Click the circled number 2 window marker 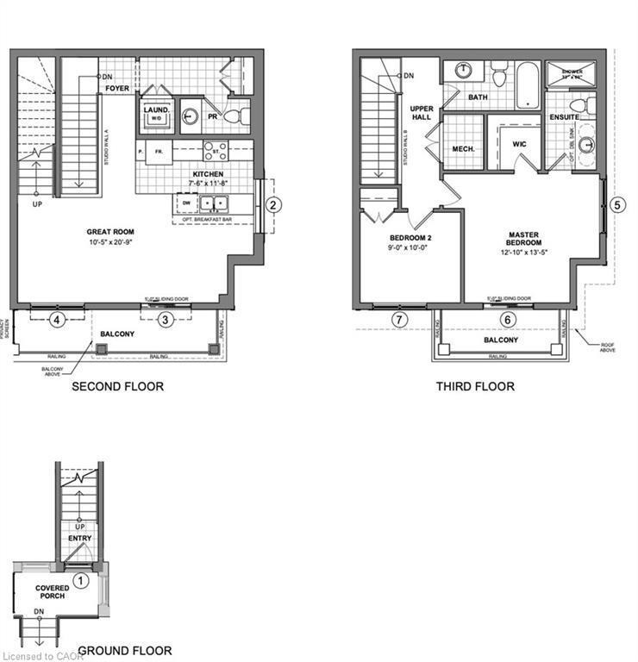272,205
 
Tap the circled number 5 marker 616,205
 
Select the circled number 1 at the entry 80,580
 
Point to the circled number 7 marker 398,320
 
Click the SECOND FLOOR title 117,386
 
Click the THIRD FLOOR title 475,386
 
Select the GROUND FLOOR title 125,651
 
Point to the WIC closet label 519,145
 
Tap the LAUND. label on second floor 155,110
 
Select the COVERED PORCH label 53,592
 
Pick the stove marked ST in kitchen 216,152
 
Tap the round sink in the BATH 464,71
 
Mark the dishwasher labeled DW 184,203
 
